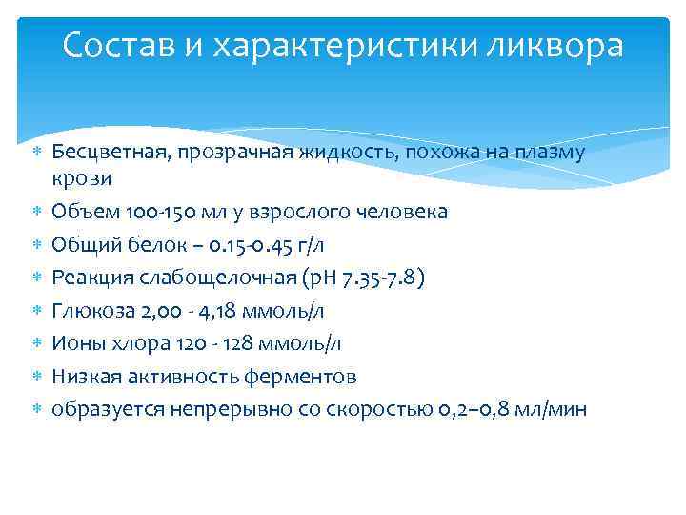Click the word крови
click(x=82, y=178)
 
